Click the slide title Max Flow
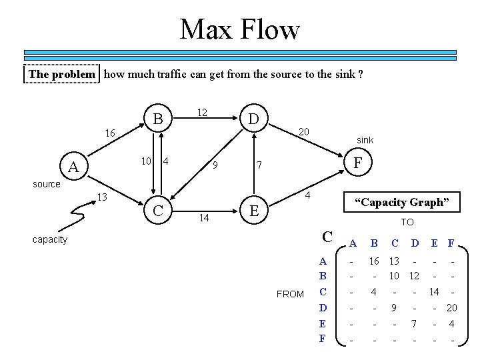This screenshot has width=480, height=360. [240, 29]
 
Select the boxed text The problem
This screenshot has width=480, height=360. [63, 74]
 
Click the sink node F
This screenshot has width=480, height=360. [359, 162]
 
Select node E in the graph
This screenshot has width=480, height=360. [253, 211]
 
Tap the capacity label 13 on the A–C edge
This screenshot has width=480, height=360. [103, 197]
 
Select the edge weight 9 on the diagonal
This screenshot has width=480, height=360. [213, 165]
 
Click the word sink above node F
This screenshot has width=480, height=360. [365, 141]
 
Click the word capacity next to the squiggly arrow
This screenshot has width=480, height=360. [50, 239]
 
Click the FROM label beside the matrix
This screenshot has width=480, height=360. [290, 294]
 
